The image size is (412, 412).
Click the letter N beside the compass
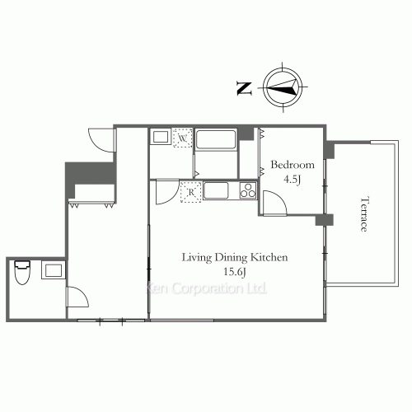click(x=244, y=88)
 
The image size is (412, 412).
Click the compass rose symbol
click(x=283, y=87)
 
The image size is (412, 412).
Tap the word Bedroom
click(x=293, y=165)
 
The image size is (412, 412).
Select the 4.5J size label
click(x=292, y=180)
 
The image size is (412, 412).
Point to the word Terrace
click(x=364, y=213)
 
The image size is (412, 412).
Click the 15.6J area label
click(x=234, y=272)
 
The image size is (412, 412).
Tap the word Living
click(x=197, y=258)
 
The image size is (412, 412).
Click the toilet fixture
click(x=22, y=272)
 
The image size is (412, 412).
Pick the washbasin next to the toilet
click(x=54, y=270)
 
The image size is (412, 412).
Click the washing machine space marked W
click(x=183, y=138)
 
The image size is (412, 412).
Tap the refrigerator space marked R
click(x=191, y=192)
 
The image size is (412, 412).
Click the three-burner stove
click(x=248, y=190)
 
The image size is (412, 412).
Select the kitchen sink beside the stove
click(x=216, y=190)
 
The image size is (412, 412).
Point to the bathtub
click(x=216, y=139)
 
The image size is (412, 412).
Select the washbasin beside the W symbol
click(x=161, y=137)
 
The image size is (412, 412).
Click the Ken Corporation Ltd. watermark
click(x=206, y=288)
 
